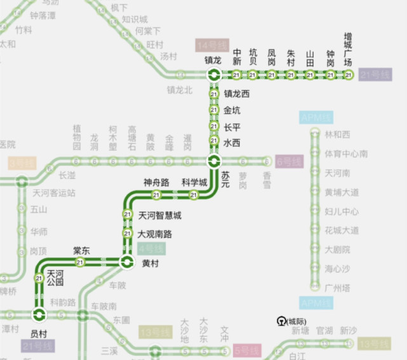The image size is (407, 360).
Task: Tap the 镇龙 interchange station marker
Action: click(x=213, y=76)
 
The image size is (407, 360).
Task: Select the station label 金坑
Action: click(x=232, y=110)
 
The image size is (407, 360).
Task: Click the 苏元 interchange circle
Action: click(x=213, y=161)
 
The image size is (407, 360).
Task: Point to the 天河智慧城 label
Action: click(x=159, y=215)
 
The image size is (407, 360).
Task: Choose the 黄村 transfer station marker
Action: click(x=127, y=262)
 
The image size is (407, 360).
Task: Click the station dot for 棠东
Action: click(x=80, y=262)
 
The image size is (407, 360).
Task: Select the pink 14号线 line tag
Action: click(x=212, y=46)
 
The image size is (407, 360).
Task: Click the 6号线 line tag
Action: click(x=289, y=161)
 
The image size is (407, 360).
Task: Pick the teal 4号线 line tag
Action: click(x=152, y=249)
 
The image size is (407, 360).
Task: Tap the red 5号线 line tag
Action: click(x=246, y=350)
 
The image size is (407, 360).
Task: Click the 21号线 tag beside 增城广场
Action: click(x=374, y=75)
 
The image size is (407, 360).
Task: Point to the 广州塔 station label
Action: click(x=337, y=287)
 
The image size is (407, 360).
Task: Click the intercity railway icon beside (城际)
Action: click(x=281, y=321)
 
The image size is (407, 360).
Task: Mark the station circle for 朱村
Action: click(x=291, y=76)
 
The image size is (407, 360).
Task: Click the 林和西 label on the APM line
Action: click(x=337, y=135)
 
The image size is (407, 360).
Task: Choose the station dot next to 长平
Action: click(x=213, y=127)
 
